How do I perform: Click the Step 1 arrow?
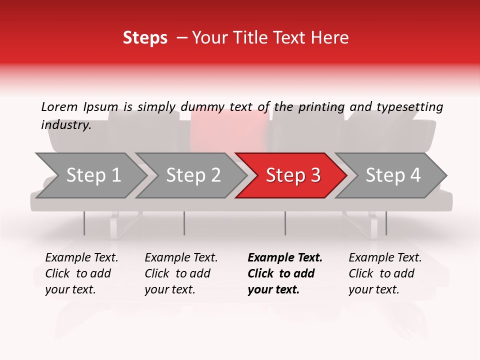click(92, 175)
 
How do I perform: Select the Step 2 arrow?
click(192, 175)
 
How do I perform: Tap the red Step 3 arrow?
click(292, 175)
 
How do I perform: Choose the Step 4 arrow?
click(392, 175)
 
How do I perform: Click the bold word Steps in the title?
click(145, 38)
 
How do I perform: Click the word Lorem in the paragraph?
click(59, 106)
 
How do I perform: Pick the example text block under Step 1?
click(81, 273)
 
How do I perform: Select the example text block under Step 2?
click(181, 273)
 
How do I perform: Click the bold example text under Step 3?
click(285, 273)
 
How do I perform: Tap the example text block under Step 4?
click(385, 273)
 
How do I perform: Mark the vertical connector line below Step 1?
click(84, 223)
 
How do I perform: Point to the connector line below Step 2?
click(184, 223)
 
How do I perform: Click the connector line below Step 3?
click(285, 223)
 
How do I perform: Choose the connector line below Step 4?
click(386, 223)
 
